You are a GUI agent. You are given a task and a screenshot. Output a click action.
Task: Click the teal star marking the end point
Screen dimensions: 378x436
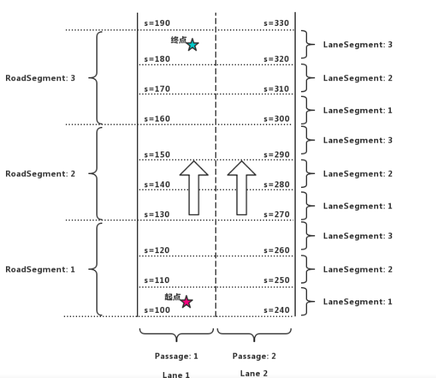(x=192, y=45)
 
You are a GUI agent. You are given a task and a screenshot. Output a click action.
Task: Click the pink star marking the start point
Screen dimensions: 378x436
(x=187, y=302)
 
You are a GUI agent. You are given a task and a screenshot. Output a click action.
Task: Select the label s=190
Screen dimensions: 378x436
(x=157, y=23)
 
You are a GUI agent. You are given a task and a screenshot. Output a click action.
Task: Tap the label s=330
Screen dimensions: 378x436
(x=276, y=23)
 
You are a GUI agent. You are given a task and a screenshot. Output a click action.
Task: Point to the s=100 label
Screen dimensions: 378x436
(x=157, y=310)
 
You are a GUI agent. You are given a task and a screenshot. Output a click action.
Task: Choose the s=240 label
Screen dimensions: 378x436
(x=276, y=310)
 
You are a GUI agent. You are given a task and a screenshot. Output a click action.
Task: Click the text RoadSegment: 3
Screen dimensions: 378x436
(x=41, y=78)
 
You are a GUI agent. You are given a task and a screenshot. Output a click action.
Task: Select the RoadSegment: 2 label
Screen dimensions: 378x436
(x=41, y=174)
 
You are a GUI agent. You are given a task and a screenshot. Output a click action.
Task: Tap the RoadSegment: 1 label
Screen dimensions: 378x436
(x=41, y=270)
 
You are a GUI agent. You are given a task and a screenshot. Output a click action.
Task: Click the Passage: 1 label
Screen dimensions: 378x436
(x=176, y=356)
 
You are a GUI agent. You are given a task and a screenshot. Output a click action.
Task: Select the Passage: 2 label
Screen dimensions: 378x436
(x=255, y=356)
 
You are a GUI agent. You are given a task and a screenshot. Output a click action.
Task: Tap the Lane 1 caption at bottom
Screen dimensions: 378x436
(x=176, y=375)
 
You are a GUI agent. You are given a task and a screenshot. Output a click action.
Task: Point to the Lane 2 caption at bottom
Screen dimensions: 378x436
(x=255, y=373)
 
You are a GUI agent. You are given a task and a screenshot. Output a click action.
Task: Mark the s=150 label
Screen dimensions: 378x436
(x=157, y=155)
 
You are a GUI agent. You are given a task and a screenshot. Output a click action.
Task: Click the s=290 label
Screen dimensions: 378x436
(x=276, y=155)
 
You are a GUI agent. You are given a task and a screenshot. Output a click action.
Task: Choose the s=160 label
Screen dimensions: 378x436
(x=157, y=119)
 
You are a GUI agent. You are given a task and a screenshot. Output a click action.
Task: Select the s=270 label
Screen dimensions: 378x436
(x=276, y=215)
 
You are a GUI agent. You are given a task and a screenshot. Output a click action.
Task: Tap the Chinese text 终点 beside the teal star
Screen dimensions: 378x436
(x=178, y=41)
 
